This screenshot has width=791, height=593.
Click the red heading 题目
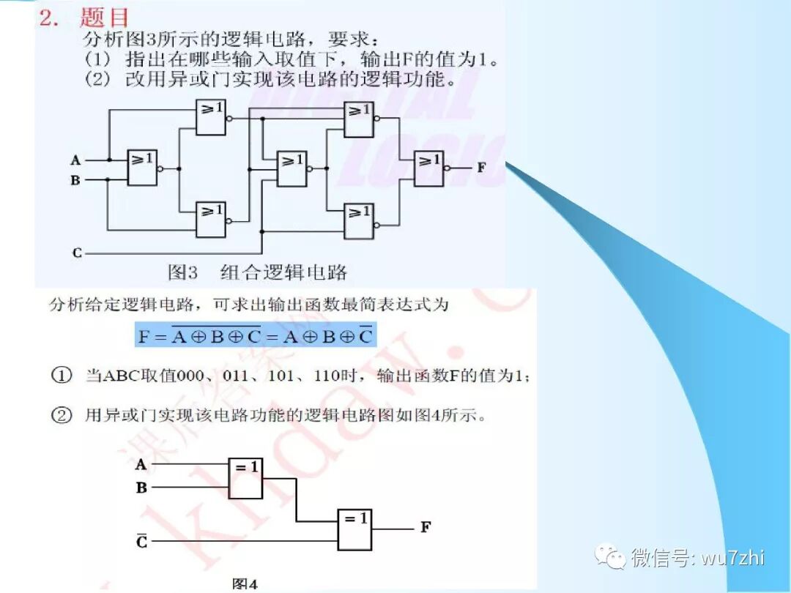103,18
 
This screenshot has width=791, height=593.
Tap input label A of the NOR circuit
75,160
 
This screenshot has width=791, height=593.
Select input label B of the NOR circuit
75,180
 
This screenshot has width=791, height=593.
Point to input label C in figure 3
77,253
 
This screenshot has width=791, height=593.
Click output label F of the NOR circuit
481,167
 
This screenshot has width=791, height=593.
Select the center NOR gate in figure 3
292,169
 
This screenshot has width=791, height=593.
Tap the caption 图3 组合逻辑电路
257,273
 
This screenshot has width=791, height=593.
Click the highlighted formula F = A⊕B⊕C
256,336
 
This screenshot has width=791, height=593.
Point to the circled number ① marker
61,376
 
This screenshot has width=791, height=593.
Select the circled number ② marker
61,416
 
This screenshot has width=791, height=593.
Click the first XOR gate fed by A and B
245,477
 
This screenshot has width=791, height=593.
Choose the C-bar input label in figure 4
142,541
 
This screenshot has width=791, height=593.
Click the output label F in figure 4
426,527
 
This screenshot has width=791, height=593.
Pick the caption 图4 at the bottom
245,584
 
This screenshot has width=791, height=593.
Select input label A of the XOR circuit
141,464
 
